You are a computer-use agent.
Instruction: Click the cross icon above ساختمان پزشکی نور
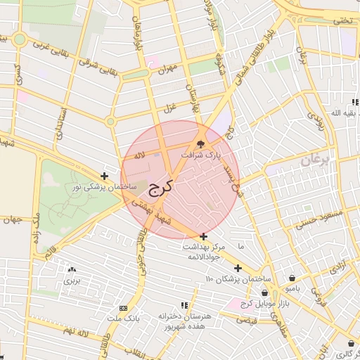[x=104, y=176]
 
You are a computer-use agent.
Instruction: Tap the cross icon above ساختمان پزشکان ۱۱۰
[x=238, y=268]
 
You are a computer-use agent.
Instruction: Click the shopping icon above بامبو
[x=292, y=278]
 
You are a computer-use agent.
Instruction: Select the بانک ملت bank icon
[x=123, y=308]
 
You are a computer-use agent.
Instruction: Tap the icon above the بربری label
[x=71, y=269]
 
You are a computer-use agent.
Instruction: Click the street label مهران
[x=166, y=71]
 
